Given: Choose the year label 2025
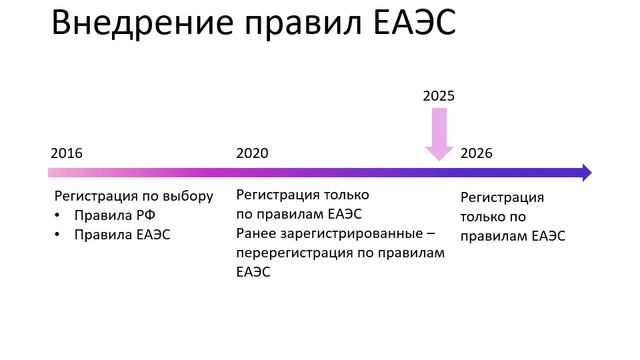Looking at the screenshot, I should [x=438, y=96].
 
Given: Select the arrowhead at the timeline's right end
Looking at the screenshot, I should [x=585, y=173].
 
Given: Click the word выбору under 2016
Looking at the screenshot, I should [x=189, y=196].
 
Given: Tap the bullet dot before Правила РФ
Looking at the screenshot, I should [x=59, y=215].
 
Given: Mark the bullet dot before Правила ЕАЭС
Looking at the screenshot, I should [x=59, y=235].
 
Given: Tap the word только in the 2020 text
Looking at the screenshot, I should [x=346, y=194].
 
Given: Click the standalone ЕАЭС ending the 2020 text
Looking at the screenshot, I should [x=253, y=271].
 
